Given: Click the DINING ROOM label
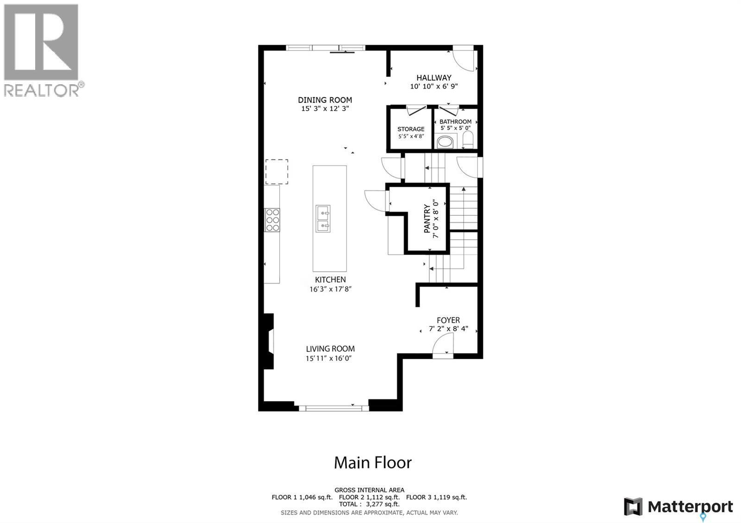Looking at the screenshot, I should (x=325, y=100).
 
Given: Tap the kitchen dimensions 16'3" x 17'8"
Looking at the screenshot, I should (x=331, y=289).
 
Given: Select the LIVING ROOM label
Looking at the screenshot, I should (x=330, y=349).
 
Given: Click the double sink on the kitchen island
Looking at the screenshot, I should (x=323, y=218).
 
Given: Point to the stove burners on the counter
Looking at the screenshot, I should (x=272, y=220).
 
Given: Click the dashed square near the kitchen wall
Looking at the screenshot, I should (x=276, y=172).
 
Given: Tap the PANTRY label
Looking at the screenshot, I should (x=427, y=218).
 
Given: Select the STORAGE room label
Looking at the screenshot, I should (x=411, y=129).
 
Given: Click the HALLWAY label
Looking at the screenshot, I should (x=434, y=78).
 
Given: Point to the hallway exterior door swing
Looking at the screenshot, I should (x=464, y=59).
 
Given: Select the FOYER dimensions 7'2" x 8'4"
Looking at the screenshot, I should (x=448, y=329).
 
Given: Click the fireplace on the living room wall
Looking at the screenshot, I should (x=269, y=341).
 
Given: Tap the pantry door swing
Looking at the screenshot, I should (x=376, y=201).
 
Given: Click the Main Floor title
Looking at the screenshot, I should (x=373, y=462).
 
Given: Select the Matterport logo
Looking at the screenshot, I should (x=678, y=507).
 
